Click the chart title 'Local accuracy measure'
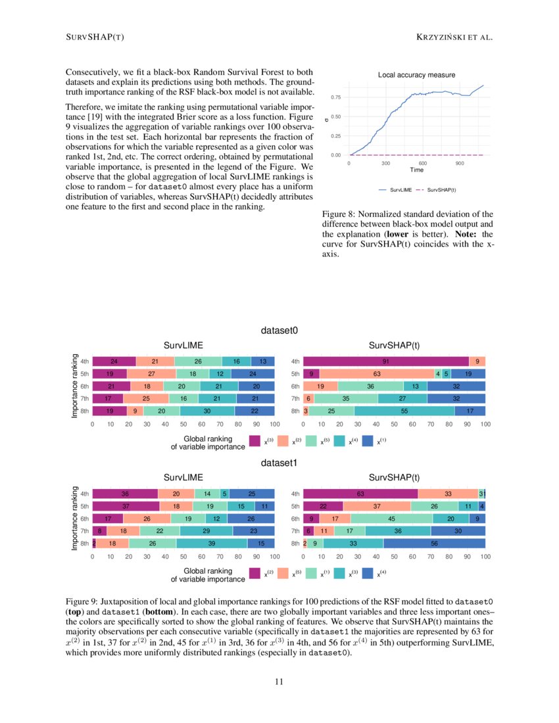coord(416,75)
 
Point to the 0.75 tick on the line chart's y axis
coord(335,97)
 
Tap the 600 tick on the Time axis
coord(422,162)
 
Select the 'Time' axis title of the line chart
coord(416,170)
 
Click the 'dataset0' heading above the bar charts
coord(279,331)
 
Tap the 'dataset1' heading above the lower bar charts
coord(279,463)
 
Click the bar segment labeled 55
coord(404,411)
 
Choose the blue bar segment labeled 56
coord(434,543)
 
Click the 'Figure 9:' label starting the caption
coord(82,601)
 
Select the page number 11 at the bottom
coord(279,682)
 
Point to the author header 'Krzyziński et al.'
coord(454,37)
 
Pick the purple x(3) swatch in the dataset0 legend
coord(255,442)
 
